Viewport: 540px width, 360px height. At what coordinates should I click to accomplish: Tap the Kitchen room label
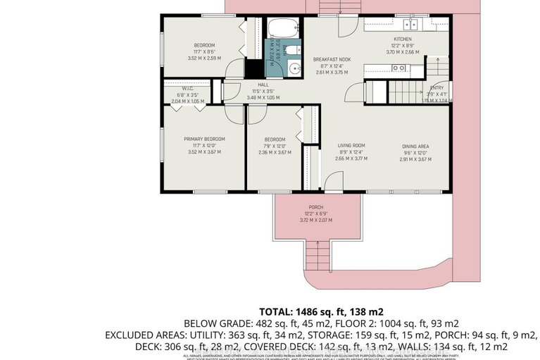click(x=402, y=39)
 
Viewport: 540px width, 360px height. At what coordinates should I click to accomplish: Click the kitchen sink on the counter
click(x=399, y=68)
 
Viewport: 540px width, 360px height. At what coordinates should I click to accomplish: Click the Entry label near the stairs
click(x=437, y=87)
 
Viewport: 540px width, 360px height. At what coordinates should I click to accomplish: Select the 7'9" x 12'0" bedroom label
click(x=275, y=139)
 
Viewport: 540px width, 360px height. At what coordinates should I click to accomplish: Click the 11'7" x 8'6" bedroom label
click(x=204, y=45)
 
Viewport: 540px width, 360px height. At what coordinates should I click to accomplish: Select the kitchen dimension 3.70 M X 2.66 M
click(x=402, y=51)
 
